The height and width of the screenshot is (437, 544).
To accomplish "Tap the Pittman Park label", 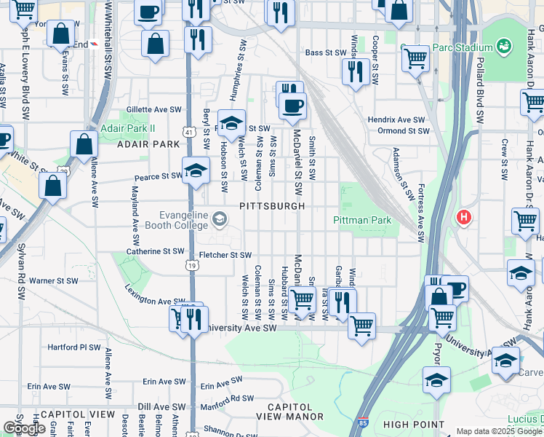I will pyautogui.click(x=362, y=220).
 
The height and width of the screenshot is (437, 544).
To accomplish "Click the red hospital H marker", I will pyautogui.click(x=463, y=216).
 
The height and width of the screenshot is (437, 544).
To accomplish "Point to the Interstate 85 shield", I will pyautogui.click(x=364, y=422).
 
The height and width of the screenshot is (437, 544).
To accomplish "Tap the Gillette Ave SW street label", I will pyautogui.click(x=153, y=109).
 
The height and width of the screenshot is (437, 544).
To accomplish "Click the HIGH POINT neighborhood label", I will pyautogui.click(x=414, y=425).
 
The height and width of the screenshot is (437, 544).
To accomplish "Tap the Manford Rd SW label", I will pyautogui.click(x=228, y=398).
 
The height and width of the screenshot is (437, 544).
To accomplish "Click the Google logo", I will pyautogui.click(x=24, y=428).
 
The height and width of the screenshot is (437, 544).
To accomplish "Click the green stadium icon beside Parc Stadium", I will pyautogui.click(x=503, y=47).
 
